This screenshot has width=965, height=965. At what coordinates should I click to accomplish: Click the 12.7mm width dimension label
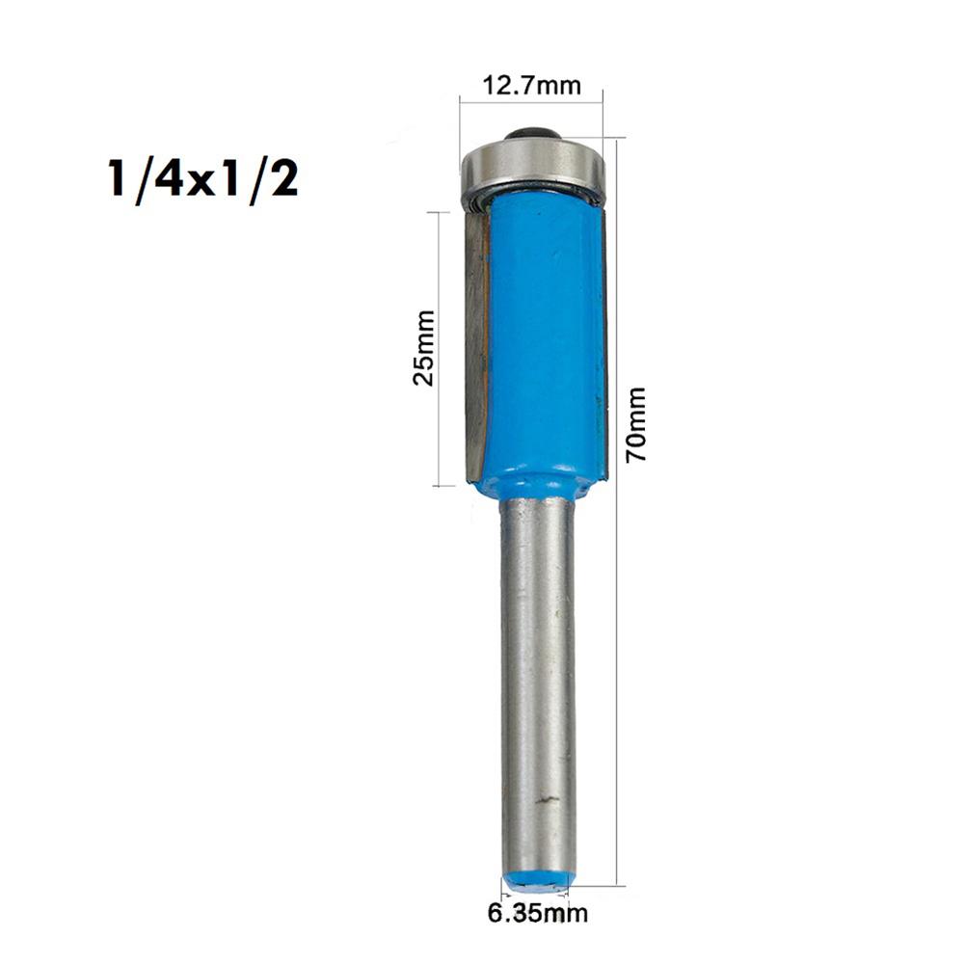pyautogui.click(x=532, y=86)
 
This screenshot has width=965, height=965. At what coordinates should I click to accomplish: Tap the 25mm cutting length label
pyautogui.click(x=423, y=347)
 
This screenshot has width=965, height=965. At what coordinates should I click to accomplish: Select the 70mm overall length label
pyautogui.click(x=635, y=424)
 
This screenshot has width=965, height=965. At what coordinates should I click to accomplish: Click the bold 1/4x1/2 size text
pyautogui.click(x=202, y=179)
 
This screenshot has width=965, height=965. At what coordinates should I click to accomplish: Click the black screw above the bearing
pyautogui.click(x=531, y=132)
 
